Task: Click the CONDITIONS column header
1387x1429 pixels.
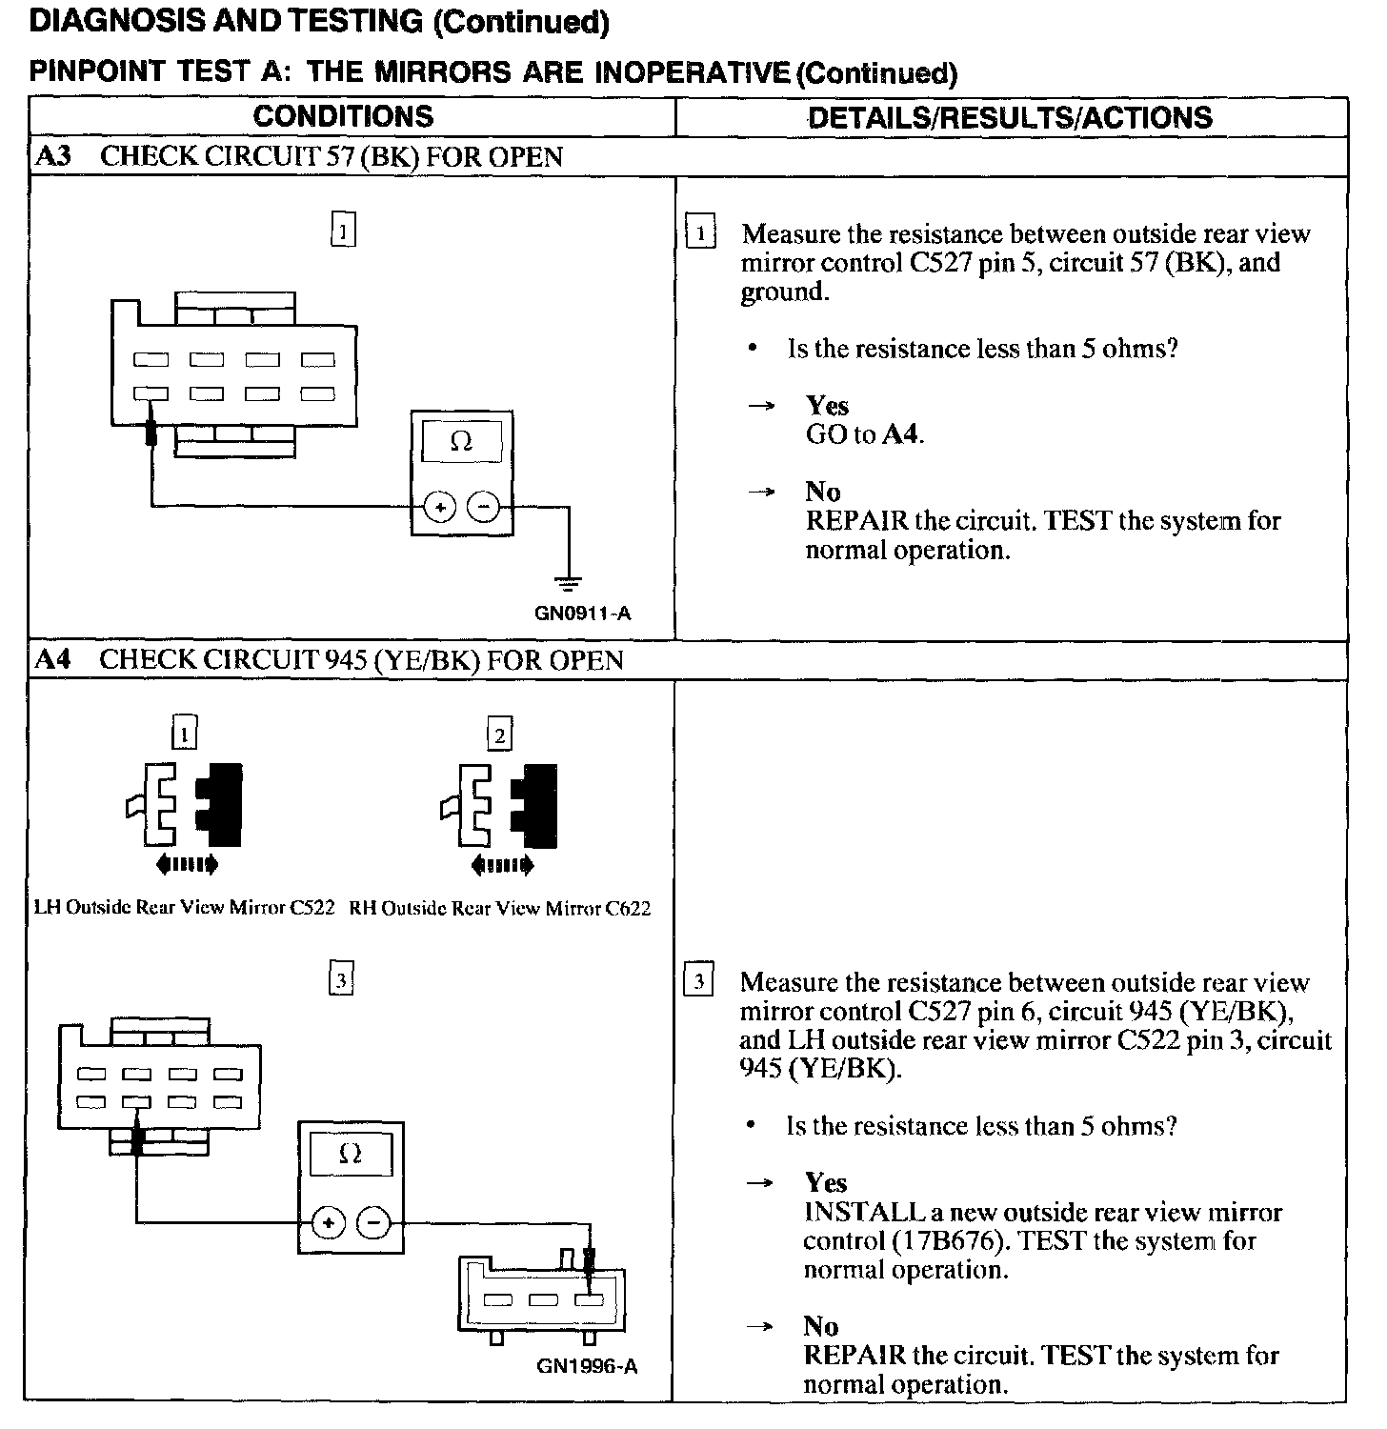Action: pyautogui.click(x=343, y=117)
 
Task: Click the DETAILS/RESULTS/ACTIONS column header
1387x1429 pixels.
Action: pyautogui.click(x=1010, y=118)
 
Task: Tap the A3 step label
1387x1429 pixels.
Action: pyautogui.click(x=53, y=156)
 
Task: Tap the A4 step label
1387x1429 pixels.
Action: pyautogui.click(x=53, y=659)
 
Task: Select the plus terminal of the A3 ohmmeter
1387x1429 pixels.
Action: pyautogui.click(x=440, y=508)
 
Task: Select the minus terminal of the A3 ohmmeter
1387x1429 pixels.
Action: pyautogui.click(x=484, y=508)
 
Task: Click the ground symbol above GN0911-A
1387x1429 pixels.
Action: pyautogui.click(x=569, y=583)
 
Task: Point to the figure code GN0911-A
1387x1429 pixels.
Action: pyautogui.click(x=582, y=614)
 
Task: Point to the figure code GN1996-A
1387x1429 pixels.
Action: pyautogui.click(x=587, y=1366)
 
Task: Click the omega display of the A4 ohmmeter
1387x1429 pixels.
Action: pyautogui.click(x=350, y=1155)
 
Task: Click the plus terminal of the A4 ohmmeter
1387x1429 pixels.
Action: pyautogui.click(x=328, y=1223)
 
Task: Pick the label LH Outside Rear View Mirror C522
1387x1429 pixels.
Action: pyautogui.click(x=184, y=907)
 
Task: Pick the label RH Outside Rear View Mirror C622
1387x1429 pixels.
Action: pyautogui.click(x=499, y=908)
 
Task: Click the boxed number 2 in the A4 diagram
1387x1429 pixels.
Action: pyautogui.click(x=499, y=734)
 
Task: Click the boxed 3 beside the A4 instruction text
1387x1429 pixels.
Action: pyautogui.click(x=699, y=981)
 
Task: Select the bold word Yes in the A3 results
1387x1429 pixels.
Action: pyautogui.click(x=827, y=406)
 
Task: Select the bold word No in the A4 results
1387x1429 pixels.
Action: pyautogui.click(x=821, y=1326)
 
